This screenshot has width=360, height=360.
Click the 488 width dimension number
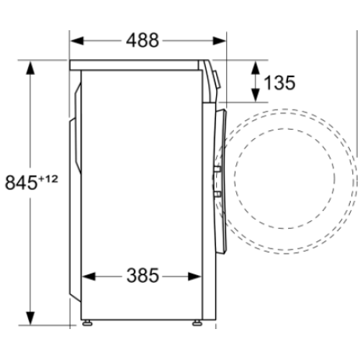coord(148,40)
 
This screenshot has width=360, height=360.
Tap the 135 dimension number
coord(279,83)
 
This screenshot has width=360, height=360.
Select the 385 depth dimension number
coord(143,276)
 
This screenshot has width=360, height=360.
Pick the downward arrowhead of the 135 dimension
coord(255,98)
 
